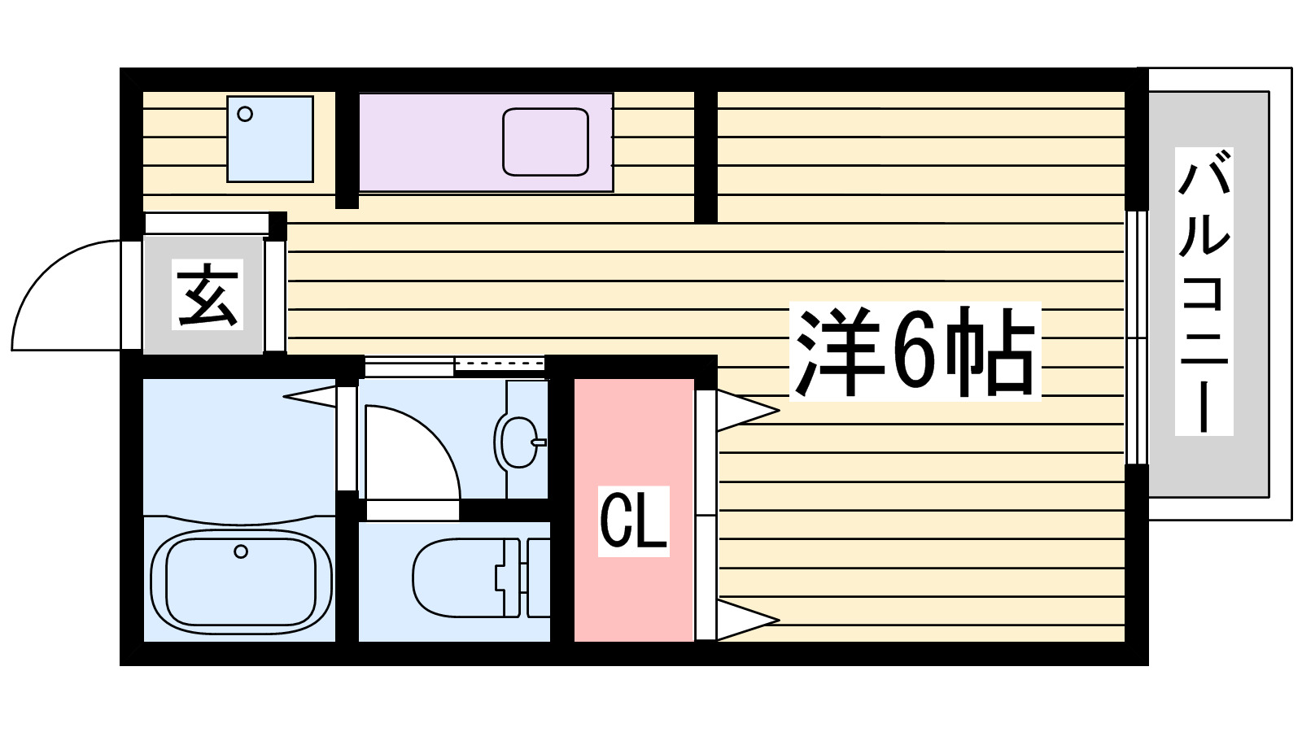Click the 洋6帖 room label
[x=915, y=351]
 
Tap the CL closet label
[x=633, y=521]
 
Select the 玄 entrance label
[x=208, y=294]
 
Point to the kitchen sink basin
[x=545, y=142]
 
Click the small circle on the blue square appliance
[x=245, y=115]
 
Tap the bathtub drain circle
[x=240, y=551]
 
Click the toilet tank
[x=538, y=577]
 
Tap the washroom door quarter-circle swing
[x=411, y=451]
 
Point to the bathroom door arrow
[x=311, y=397]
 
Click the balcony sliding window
[x=1137, y=338]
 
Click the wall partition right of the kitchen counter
[x=706, y=155]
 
